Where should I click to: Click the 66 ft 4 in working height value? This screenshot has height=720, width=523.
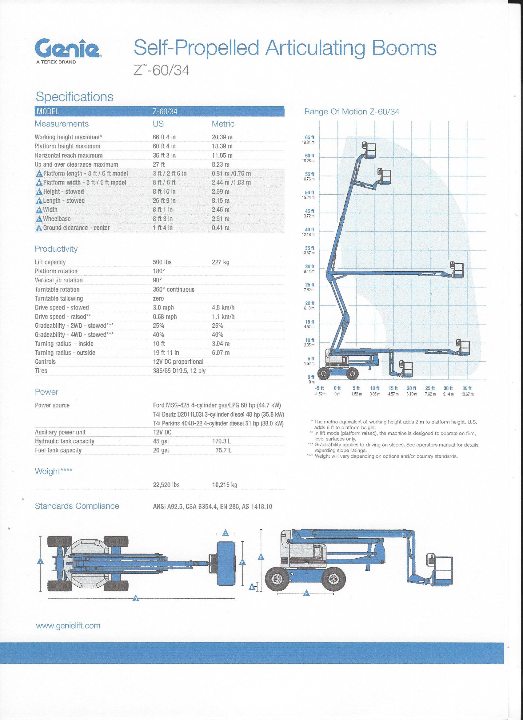tap(164, 137)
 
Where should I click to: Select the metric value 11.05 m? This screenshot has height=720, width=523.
tap(222, 155)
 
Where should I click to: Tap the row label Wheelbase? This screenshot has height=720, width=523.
tap(57, 219)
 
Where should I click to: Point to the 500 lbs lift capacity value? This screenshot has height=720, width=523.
tap(162, 262)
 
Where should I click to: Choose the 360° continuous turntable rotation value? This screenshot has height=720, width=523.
tap(174, 289)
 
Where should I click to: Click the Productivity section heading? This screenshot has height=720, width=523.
tap(56, 249)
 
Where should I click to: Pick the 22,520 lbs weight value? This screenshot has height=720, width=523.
tap(166, 485)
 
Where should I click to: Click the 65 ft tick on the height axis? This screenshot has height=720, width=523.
tap(309, 137)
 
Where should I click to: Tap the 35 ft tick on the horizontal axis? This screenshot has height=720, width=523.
tap(467, 388)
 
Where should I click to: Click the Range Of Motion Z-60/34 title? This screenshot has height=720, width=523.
tap(351, 112)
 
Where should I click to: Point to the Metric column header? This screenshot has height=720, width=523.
tap(223, 124)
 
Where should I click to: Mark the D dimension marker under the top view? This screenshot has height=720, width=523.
tap(136, 599)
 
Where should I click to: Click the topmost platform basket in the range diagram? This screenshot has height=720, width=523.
tap(370, 150)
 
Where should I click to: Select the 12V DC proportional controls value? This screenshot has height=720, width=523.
tap(178, 362)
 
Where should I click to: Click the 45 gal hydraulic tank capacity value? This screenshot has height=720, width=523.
tap(161, 441)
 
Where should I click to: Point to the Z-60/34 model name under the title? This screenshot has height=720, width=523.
tap(162, 71)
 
